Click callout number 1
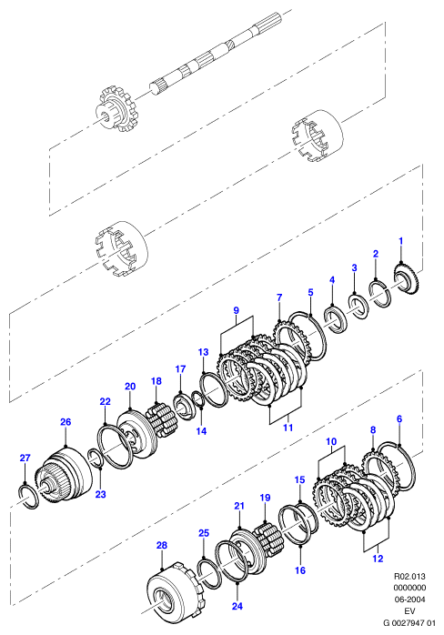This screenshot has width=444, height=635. coord(400,241)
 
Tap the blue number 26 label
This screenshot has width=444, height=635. coord(66,422)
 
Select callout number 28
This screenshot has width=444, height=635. coord(162,545)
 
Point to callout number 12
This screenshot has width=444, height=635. coord(378,559)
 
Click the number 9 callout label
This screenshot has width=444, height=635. coord(237,310)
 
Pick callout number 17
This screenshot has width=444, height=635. coord(180,369)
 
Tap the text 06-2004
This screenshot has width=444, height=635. coord(409,599)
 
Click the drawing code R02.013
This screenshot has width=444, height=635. coord(409,576)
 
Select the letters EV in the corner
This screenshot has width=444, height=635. coord(409,610)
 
